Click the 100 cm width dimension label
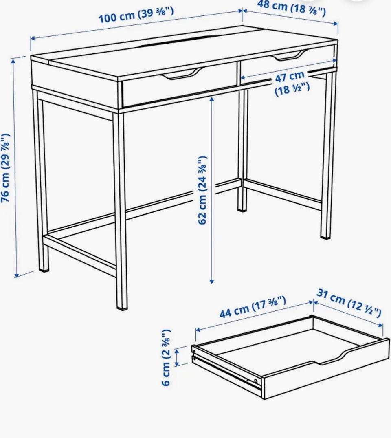(x=136, y=15)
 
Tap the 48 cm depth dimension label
(x=291, y=8)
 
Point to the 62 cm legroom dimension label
(x=203, y=190)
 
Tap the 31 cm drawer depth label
(x=349, y=303)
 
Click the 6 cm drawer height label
(x=166, y=358)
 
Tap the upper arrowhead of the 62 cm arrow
(x=212, y=99)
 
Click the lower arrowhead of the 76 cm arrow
(x=16, y=275)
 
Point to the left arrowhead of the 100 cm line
(x=33, y=38)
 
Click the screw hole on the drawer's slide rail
(x=255, y=381)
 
